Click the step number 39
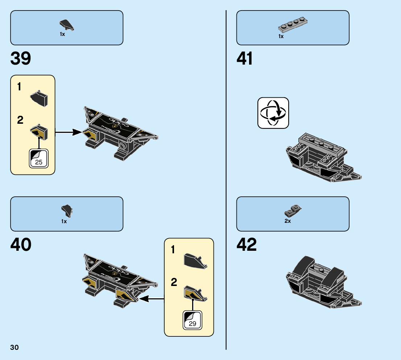21,59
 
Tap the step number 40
21,245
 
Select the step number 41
245,59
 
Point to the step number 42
247,245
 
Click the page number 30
15,348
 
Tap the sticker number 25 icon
38,159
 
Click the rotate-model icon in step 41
273,113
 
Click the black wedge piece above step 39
67,25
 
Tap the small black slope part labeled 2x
293,210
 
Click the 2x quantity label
288,221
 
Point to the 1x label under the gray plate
281,36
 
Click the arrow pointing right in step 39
69,132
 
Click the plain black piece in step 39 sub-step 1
39,99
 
